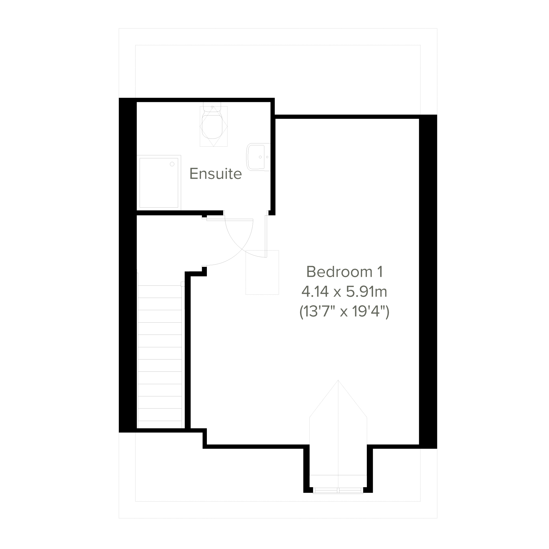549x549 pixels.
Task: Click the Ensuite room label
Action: pyautogui.click(x=215, y=174)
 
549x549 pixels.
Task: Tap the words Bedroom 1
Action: pyautogui.click(x=344, y=272)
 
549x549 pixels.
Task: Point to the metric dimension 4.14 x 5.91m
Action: pyautogui.click(x=344, y=291)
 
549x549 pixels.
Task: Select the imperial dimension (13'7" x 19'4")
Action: pyautogui.click(x=344, y=312)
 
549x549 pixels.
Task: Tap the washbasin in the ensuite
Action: pyautogui.click(x=258, y=157)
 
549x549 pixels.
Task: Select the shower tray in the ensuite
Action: pyautogui.click(x=159, y=182)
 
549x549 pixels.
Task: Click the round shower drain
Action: pyautogui.click(x=172, y=164)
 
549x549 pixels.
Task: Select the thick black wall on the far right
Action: pyautogui.click(x=428, y=282)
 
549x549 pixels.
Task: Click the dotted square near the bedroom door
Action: pyautogui.click(x=262, y=272)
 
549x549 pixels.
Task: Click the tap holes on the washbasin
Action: pyautogui.click(x=264, y=157)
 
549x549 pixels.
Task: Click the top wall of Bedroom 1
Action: pyautogui.click(x=347, y=117)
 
